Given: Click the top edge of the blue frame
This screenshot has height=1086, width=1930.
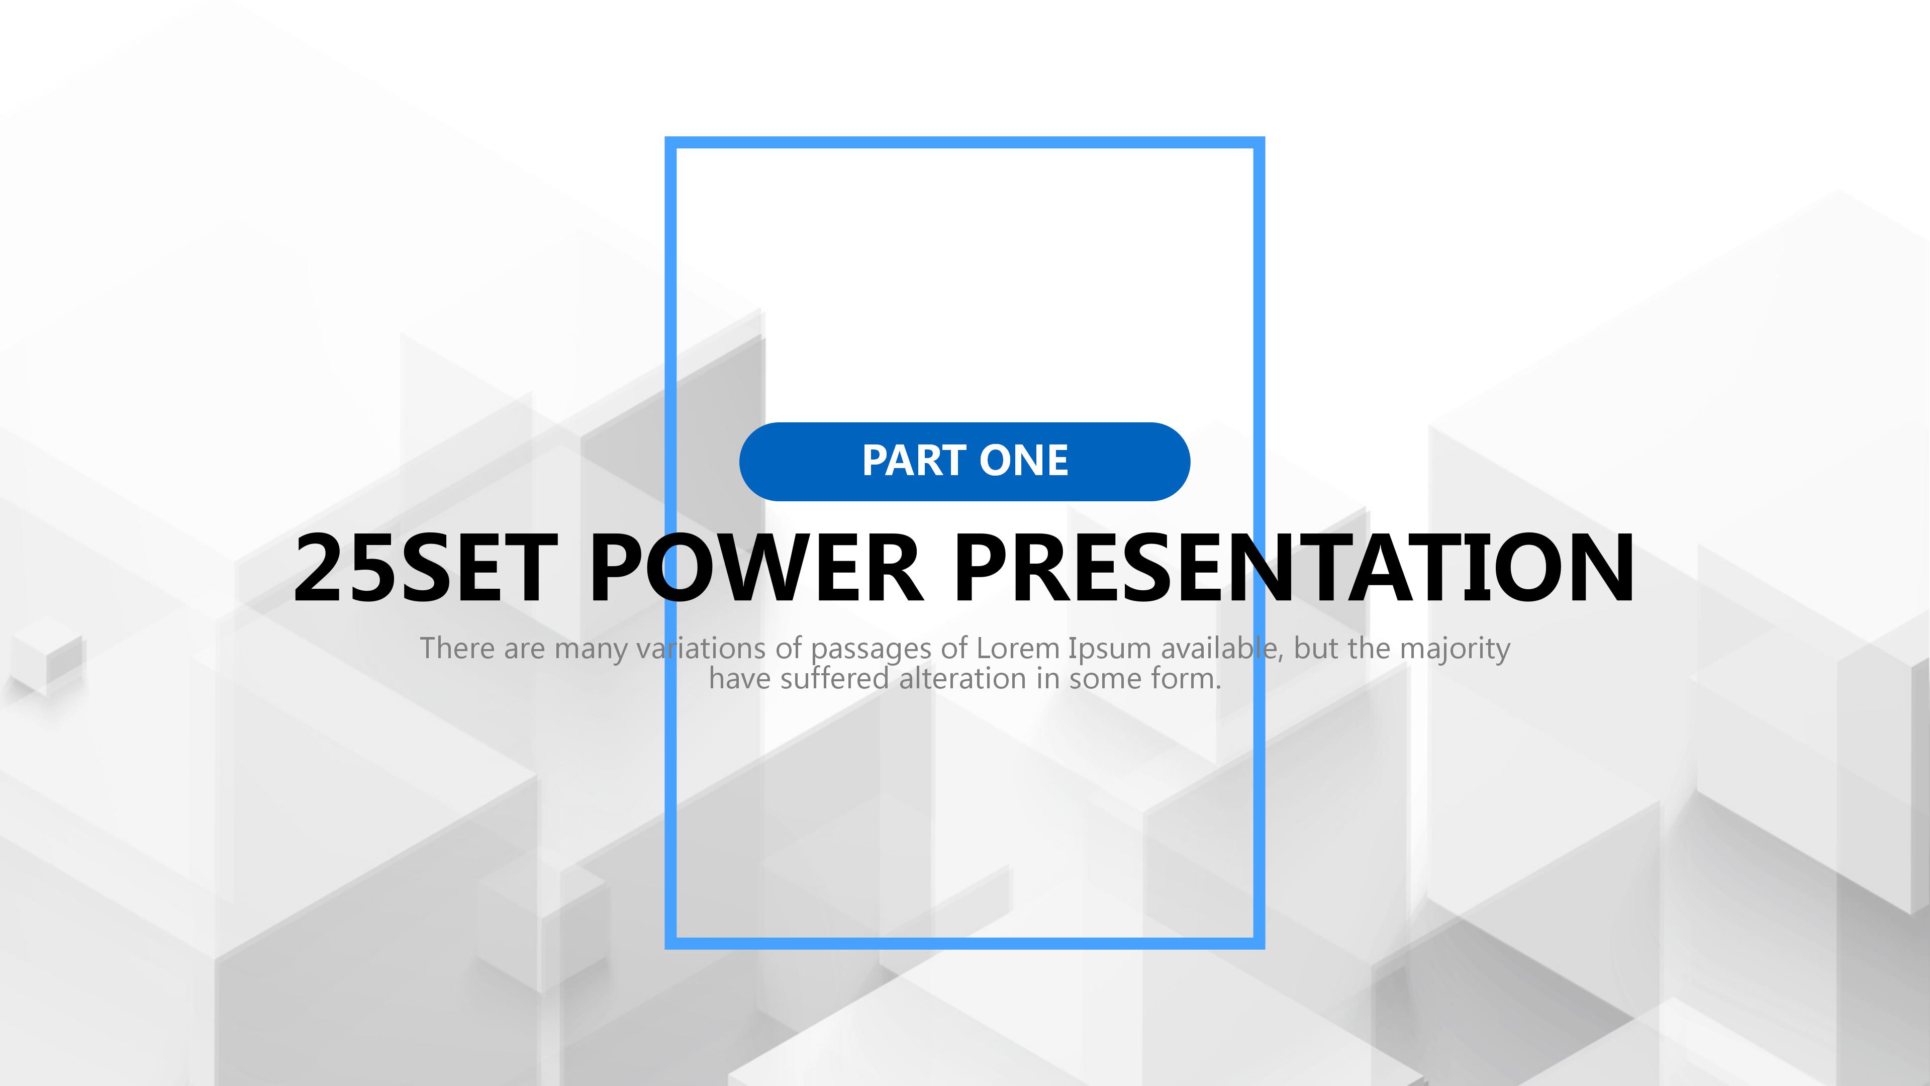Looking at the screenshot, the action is pyautogui.click(x=965, y=142).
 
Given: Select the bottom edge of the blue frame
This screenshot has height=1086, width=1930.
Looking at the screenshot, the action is pyautogui.click(x=965, y=943).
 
